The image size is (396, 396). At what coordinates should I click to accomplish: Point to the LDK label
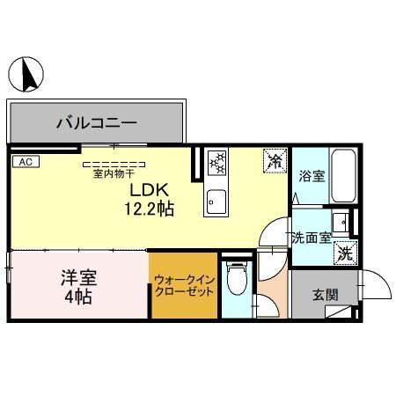point(147,189)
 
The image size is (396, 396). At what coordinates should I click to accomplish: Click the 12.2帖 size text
point(147,209)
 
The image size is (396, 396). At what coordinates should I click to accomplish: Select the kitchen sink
point(215,202)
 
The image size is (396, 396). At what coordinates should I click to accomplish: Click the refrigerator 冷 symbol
point(275,160)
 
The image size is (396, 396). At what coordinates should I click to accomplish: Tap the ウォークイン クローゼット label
point(183,286)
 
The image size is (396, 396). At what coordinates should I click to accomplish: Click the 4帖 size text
point(78,297)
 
